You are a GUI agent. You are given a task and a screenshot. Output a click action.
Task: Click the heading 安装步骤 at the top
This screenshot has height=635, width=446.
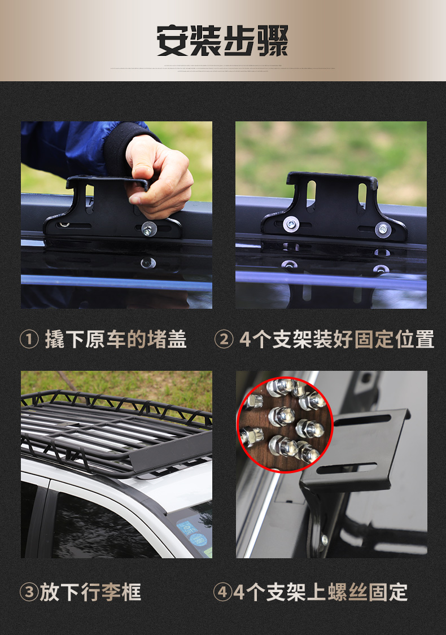point(222,40)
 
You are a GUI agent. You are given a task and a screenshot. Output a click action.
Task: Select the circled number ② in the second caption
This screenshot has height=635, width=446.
point(224,339)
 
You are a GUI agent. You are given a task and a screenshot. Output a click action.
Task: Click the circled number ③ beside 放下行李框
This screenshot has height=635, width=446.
point(29,592)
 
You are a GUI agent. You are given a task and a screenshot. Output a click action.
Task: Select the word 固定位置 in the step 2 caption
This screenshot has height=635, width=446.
point(394,339)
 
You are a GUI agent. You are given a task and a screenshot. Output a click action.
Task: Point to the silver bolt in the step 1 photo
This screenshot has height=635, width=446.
point(149,229)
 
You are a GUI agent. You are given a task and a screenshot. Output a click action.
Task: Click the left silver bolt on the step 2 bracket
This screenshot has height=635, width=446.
point(291,224)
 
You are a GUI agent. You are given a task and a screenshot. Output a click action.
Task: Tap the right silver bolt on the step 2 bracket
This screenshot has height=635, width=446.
point(383,229)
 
